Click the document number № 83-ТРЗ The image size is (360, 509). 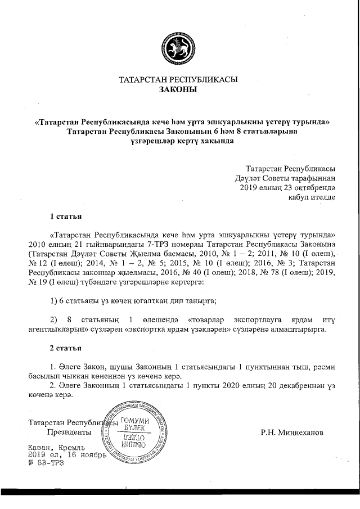46,463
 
